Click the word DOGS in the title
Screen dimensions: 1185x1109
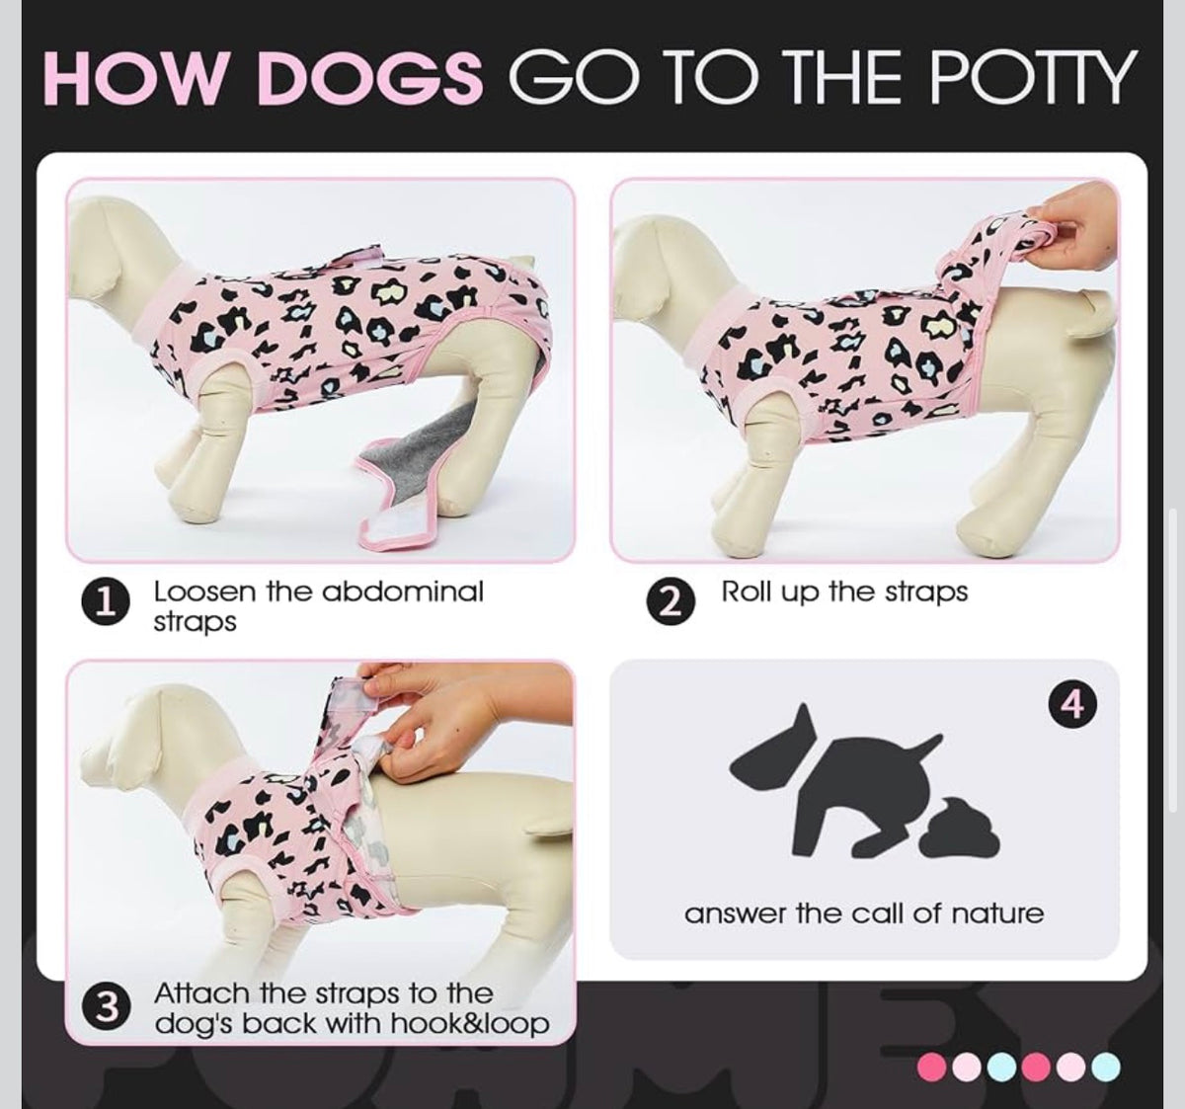coord(370,77)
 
